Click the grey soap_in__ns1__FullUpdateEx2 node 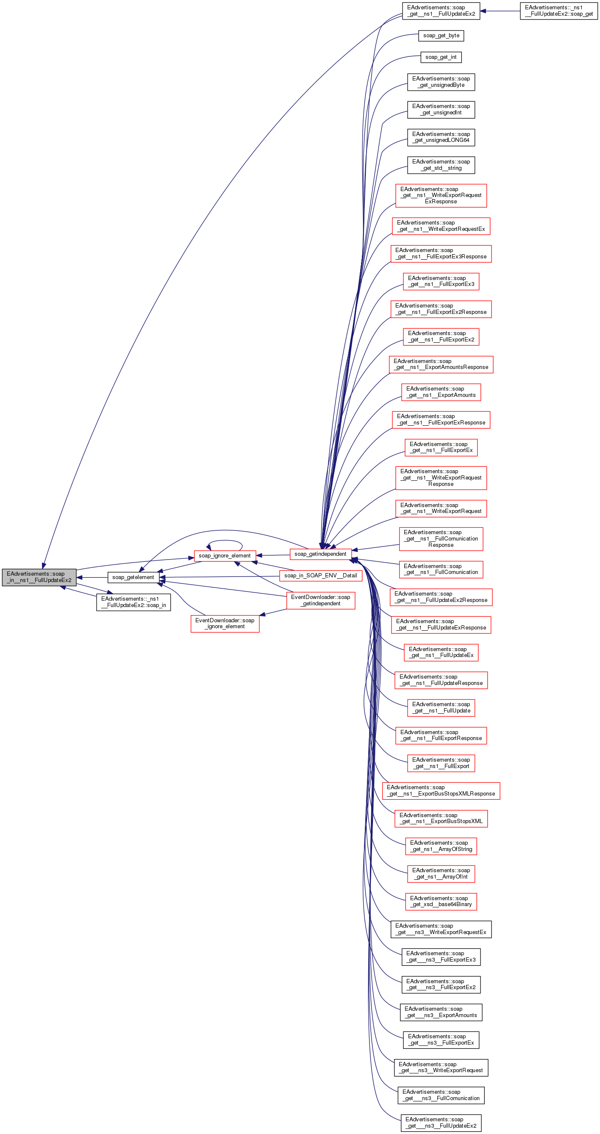pos(39,577)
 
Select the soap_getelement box pos(133,577)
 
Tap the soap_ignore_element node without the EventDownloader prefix pos(225,555)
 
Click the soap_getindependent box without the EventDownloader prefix pos(320,554)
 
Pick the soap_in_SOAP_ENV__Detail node pos(320,575)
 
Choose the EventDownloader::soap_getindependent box pos(320,600)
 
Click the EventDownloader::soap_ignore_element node pos(225,624)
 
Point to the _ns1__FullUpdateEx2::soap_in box pos(133,602)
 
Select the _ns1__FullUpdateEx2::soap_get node pos(558,11)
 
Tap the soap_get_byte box pos(441,36)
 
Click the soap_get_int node pos(441,57)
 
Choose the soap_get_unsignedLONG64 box pos(441,137)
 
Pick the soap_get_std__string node pos(441,165)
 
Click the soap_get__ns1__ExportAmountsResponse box pos(441,364)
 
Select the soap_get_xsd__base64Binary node pos(441,901)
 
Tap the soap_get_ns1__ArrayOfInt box pos(441,873)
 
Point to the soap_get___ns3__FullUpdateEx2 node pos(441,1123)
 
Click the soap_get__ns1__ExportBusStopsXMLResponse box pos(441,790)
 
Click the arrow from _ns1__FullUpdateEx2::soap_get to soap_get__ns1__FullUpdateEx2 pos(500,11)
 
